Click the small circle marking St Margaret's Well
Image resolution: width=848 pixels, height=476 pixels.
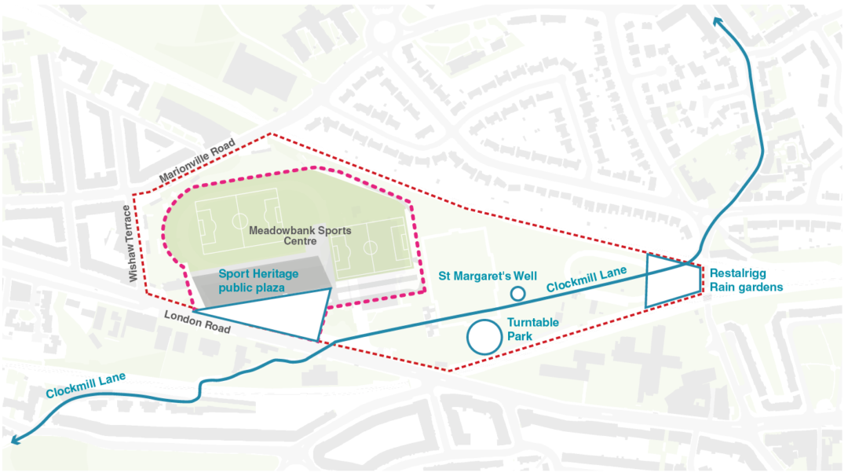517,294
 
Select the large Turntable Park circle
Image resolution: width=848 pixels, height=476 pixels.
484,336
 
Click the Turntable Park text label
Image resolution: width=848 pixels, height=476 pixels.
533,329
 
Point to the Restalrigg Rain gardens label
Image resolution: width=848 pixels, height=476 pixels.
746,281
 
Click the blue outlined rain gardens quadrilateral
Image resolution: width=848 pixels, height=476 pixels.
671,280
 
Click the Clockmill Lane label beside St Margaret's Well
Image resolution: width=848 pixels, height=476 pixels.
587,280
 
